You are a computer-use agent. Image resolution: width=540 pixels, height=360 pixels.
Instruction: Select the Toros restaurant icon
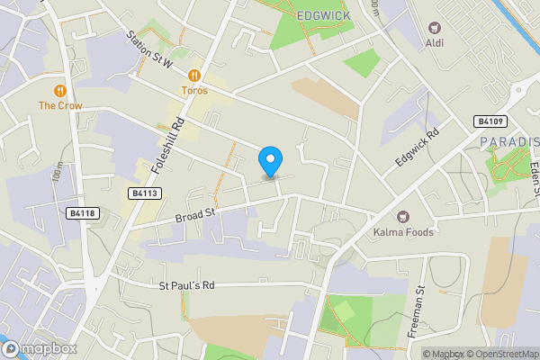(x=194, y=76)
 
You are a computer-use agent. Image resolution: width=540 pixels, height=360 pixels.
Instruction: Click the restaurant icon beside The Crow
(x=60, y=90)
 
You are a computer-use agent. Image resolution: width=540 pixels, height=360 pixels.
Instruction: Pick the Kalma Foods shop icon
(x=402, y=216)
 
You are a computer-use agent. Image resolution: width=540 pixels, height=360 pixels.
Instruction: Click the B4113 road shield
(x=144, y=193)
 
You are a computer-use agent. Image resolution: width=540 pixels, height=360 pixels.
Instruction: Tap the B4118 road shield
(x=82, y=213)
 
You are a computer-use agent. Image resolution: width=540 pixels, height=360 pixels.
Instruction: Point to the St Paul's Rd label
(x=187, y=286)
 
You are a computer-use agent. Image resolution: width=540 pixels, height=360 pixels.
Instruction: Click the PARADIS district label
(x=508, y=142)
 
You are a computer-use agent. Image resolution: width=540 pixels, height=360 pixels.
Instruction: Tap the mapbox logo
(x=39, y=348)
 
